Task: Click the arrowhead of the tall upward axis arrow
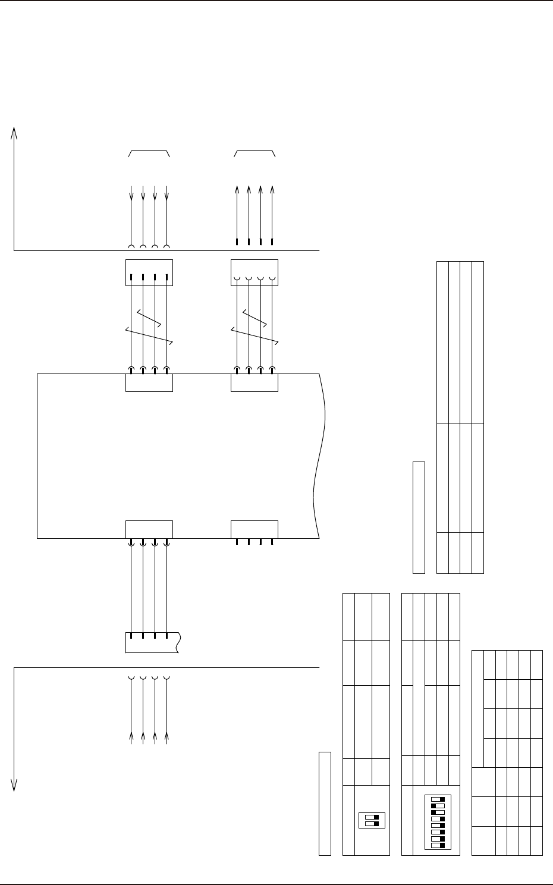[x=14, y=133]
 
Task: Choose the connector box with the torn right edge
[x=152, y=642]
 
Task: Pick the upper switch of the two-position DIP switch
[x=372, y=817]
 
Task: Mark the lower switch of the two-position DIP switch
[x=372, y=824]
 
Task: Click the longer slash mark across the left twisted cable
[x=149, y=335]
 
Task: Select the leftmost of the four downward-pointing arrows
[x=131, y=193]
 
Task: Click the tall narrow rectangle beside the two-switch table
[x=325, y=804]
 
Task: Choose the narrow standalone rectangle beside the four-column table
[x=419, y=517]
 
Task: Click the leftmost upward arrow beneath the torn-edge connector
[x=131, y=737]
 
